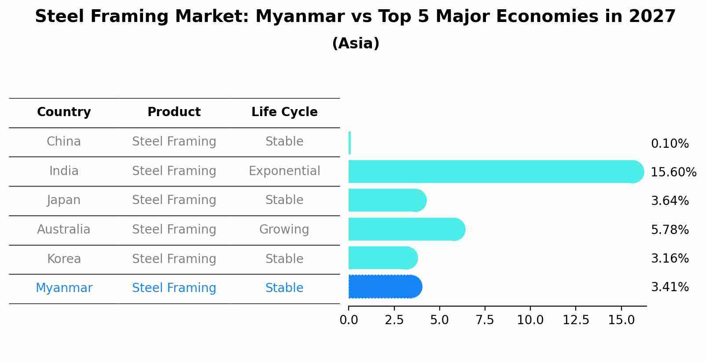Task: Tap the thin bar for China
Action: tap(349, 143)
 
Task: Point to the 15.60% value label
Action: tap(673, 172)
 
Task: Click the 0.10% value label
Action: tap(669, 144)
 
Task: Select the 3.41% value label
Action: tap(669, 287)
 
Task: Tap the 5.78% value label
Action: tap(669, 230)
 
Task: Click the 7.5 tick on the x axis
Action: tap(485, 320)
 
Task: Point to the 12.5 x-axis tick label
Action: tap(576, 320)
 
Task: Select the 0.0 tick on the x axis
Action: tap(349, 320)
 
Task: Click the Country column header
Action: tap(64, 112)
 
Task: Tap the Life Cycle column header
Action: tap(284, 112)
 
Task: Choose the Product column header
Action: tap(174, 112)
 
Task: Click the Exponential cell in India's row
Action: tap(284, 171)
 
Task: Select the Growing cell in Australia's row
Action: tap(284, 230)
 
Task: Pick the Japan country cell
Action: tap(64, 200)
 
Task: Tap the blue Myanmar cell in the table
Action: tap(64, 288)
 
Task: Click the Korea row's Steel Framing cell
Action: tap(174, 259)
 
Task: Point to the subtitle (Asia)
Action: tap(356, 44)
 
